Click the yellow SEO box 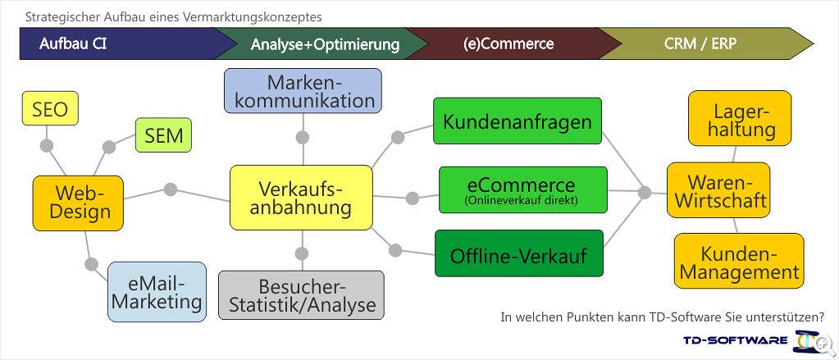[50, 108]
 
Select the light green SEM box [163, 134]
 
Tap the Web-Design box [78, 203]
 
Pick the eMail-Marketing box [157, 292]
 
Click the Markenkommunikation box [303, 90]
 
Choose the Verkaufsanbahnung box [301, 198]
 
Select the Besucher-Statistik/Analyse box [301, 295]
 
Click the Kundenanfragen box [518, 121]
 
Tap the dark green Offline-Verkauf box [519, 253]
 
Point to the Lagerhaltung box [740, 118]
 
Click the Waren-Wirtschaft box [718, 190]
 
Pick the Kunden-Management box [739, 262]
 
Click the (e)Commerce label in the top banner [508, 43]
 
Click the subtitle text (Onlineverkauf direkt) [522, 201]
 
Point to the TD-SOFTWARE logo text [735, 340]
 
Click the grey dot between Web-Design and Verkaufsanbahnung [171, 189]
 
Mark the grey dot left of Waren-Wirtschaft [645, 192]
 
